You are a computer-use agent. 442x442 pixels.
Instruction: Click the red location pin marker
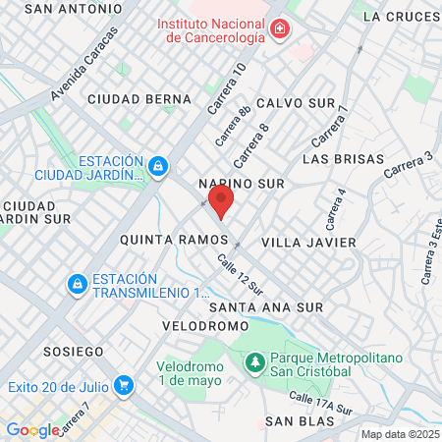coord(222,203)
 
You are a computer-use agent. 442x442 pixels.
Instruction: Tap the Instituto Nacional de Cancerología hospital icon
coord(281,29)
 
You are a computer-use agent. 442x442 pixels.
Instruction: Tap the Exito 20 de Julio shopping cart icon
coord(124,384)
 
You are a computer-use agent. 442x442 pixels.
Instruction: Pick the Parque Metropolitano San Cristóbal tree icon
coord(254,362)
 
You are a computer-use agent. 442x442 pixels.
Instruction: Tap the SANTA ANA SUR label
coord(266,307)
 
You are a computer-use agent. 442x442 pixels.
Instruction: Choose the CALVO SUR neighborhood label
coord(296,103)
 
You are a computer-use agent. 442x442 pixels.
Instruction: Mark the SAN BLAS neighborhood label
coord(301,421)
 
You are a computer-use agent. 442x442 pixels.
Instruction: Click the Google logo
coord(32,429)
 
